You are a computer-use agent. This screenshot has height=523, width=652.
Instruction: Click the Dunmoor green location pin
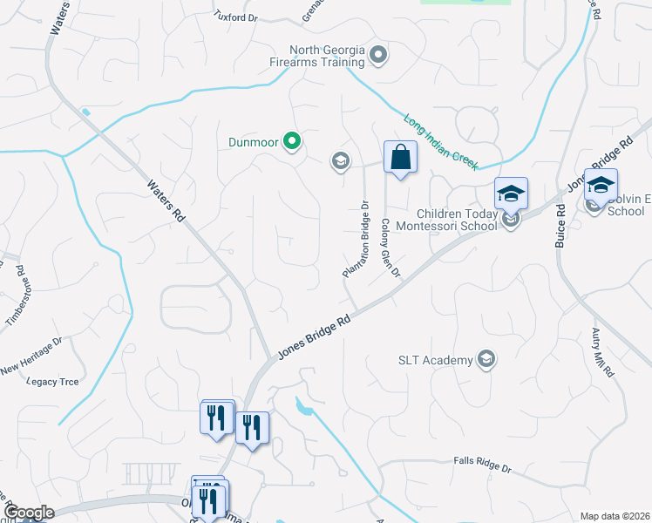click(x=293, y=140)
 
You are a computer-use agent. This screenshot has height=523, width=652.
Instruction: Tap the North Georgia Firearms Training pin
click(x=378, y=56)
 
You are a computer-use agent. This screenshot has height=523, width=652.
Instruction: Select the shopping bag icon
click(x=400, y=158)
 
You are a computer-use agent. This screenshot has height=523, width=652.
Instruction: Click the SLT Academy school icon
click(x=486, y=359)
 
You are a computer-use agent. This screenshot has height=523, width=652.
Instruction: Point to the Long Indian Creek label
click(x=441, y=141)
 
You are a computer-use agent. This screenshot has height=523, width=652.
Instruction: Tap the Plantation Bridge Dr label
click(x=356, y=240)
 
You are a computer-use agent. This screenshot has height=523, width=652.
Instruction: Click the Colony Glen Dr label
click(x=389, y=248)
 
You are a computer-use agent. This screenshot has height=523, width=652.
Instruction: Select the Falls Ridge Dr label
click(x=482, y=465)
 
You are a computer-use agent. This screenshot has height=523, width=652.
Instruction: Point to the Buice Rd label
click(x=560, y=226)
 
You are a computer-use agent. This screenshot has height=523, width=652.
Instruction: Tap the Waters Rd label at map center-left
click(x=166, y=201)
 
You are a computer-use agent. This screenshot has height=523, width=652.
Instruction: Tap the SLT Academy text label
click(x=435, y=359)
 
